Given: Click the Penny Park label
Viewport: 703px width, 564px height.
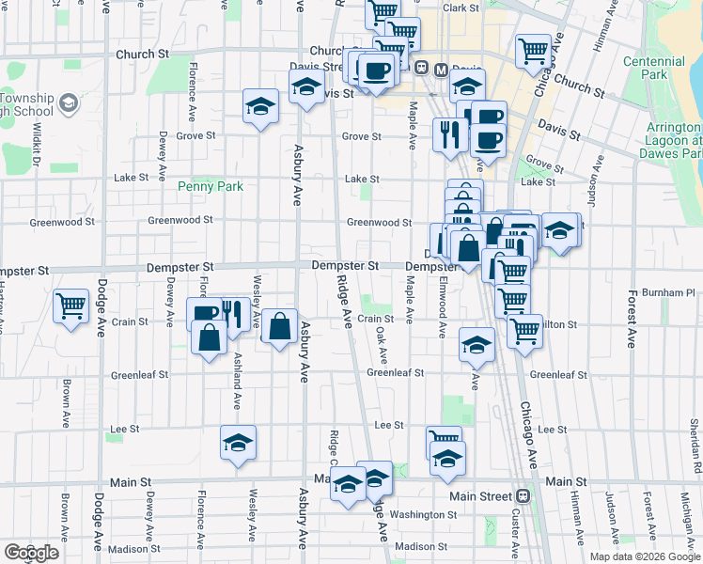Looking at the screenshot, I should pos(211,187).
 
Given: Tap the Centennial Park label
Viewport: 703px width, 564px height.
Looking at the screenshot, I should pos(645,67).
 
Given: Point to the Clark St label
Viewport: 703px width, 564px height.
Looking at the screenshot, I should pos(461,8).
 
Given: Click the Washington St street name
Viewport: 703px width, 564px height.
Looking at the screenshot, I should pos(423,515).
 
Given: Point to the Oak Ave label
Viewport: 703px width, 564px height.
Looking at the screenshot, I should pos(383,345).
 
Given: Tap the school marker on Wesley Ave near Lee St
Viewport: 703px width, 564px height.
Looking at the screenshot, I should pos(239,441).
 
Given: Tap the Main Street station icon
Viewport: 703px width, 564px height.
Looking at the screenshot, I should pos(523,496).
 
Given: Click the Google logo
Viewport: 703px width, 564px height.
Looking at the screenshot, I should pos(31,553).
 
